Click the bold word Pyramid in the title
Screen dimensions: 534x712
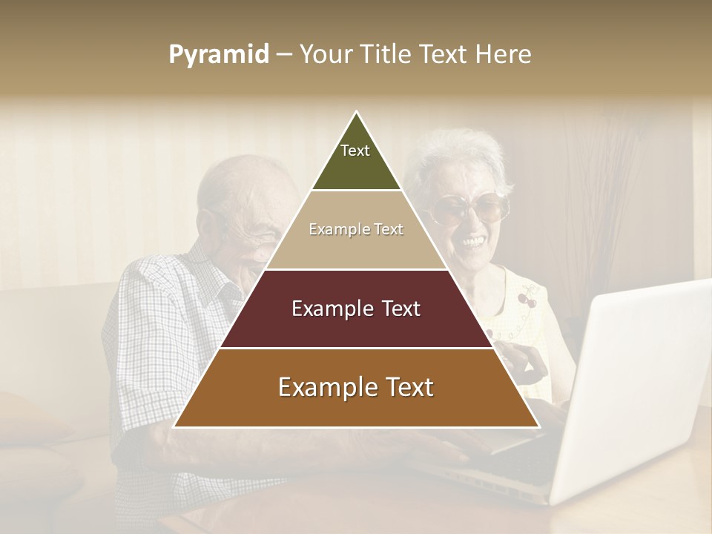[219, 55]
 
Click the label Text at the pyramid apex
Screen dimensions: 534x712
[355, 151]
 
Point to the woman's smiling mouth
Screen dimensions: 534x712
[472, 242]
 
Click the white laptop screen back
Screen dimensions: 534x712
[638, 386]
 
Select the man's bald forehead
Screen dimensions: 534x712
[237, 185]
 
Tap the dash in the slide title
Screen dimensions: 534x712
[284, 55]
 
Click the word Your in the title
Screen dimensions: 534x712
[324, 54]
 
